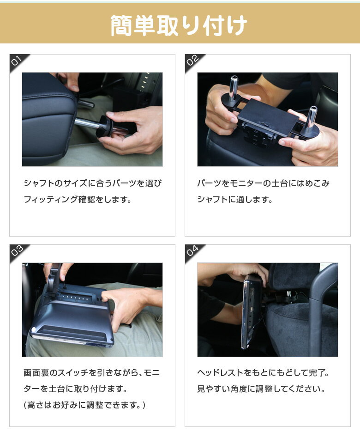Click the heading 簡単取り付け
pyautogui.click(x=179, y=25)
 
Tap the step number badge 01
pyautogui.click(x=17, y=61)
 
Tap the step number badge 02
pyautogui.click(x=192, y=61)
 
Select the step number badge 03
pyautogui.click(x=17, y=251)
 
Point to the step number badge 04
pyautogui.click(x=192, y=251)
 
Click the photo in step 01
pyautogui.click(x=92, y=119)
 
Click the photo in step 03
pyautogui.click(x=92, y=310)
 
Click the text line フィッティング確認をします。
pyautogui.click(x=78, y=200)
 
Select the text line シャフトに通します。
pyautogui.click(x=235, y=200)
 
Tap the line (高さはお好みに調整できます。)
pyautogui.click(x=85, y=405)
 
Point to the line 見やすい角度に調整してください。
pyautogui.click(x=261, y=389)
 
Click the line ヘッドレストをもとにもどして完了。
pyautogui.click(x=263, y=373)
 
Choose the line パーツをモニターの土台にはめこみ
pyautogui.click(x=263, y=183)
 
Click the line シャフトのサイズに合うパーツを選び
pyautogui.click(x=92, y=183)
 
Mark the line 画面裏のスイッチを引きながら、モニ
pyautogui.click(x=92, y=373)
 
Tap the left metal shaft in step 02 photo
pyautogui.click(x=234, y=86)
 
